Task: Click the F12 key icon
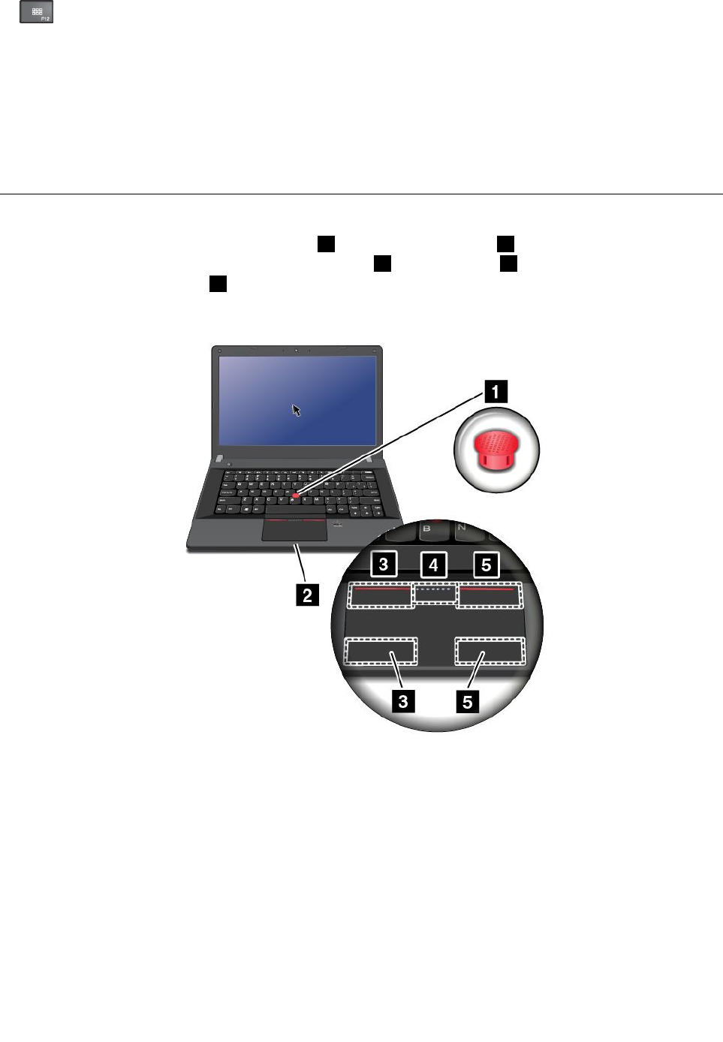tap(36, 12)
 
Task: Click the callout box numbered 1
tap(495, 391)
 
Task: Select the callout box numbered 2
tap(307, 595)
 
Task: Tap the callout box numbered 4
tap(433, 565)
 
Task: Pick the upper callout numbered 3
tap(384, 564)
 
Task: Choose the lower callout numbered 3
tap(403, 701)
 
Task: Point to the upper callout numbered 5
tap(486, 565)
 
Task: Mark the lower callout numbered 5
tap(468, 701)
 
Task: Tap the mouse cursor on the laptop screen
tap(297, 410)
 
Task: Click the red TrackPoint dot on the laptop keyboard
tap(297, 495)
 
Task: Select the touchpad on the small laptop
tap(294, 529)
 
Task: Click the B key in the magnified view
tap(426, 529)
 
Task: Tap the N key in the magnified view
tap(461, 528)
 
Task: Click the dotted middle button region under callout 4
tap(435, 592)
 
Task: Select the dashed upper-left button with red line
tap(381, 595)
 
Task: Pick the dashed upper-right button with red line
tap(489, 594)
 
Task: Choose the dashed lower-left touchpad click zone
tap(381, 651)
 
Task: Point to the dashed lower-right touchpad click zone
tap(490, 651)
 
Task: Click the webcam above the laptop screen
tap(297, 351)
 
